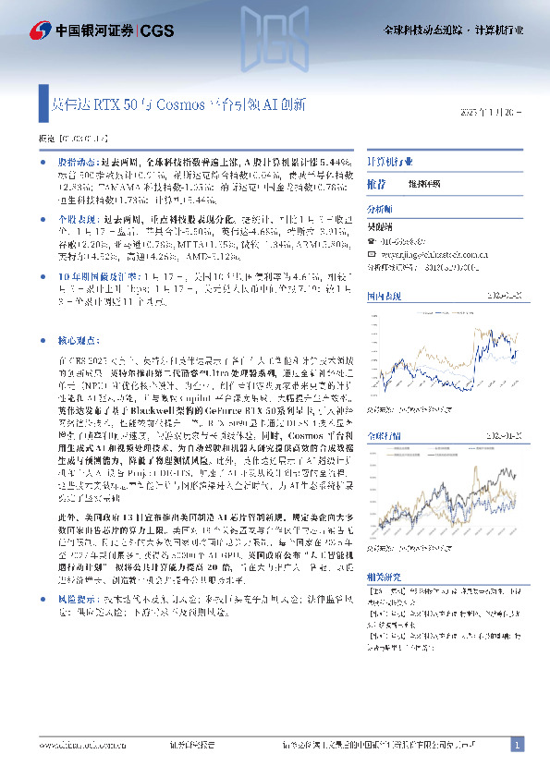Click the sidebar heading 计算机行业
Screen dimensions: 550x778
coord(390,161)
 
